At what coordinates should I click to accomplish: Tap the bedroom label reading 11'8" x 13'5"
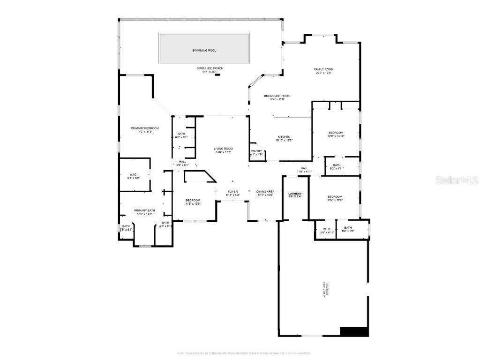coord(192,202)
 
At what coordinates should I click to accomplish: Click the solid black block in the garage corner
coord(354,331)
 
